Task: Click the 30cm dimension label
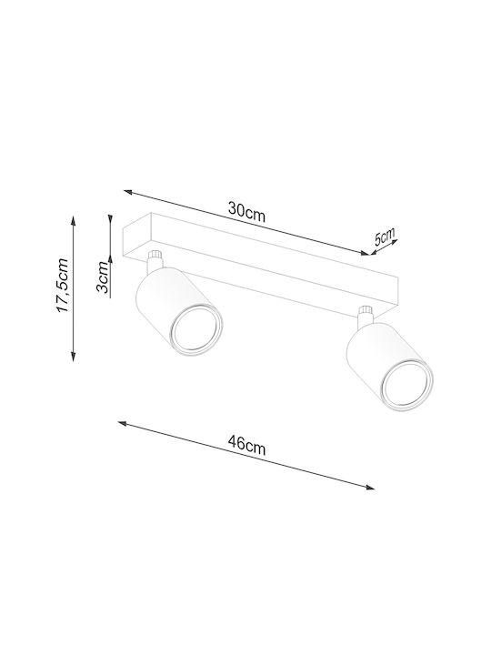[246, 212]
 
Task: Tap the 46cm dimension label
[246, 445]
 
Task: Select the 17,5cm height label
[63, 286]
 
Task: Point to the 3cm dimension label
[103, 277]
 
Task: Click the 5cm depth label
[385, 237]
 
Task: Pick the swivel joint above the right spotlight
[365, 317]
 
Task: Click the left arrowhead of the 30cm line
[128, 192]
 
